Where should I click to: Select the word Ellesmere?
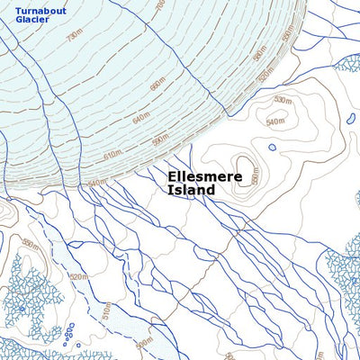click(x=205, y=177)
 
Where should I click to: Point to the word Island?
click(x=192, y=191)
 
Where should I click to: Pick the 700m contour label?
click(x=160, y=6)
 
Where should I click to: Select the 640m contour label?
click(x=140, y=119)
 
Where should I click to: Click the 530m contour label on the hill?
click(x=282, y=100)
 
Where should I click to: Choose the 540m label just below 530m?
click(x=275, y=119)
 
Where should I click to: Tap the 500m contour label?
click(x=143, y=344)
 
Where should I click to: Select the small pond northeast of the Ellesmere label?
click(x=272, y=147)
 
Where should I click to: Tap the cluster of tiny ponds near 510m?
click(x=69, y=336)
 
